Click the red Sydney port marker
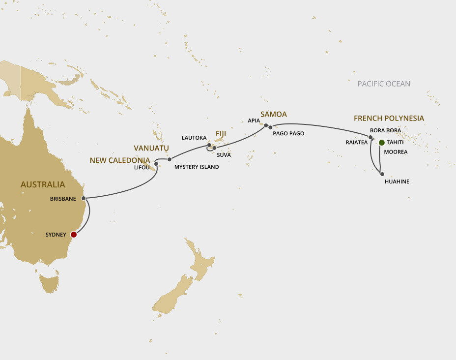click(x=74, y=235)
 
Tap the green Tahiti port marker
click(x=382, y=143)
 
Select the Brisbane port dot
click(x=84, y=198)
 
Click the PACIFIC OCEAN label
click(x=384, y=84)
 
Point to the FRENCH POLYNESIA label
click(x=389, y=119)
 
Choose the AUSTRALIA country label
click(x=42, y=184)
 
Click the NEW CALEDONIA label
click(x=119, y=160)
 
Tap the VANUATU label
click(x=151, y=148)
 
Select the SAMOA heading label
click(x=274, y=115)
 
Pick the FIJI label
click(x=221, y=133)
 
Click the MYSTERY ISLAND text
click(x=197, y=167)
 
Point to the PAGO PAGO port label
click(x=288, y=133)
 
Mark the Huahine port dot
click(x=381, y=174)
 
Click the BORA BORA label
click(x=385, y=130)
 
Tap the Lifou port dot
click(x=156, y=164)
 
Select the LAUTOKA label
click(x=194, y=138)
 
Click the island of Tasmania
click(x=49, y=284)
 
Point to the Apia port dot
click(x=266, y=125)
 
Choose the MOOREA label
click(x=396, y=152)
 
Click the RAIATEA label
click(x=356, y=142)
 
